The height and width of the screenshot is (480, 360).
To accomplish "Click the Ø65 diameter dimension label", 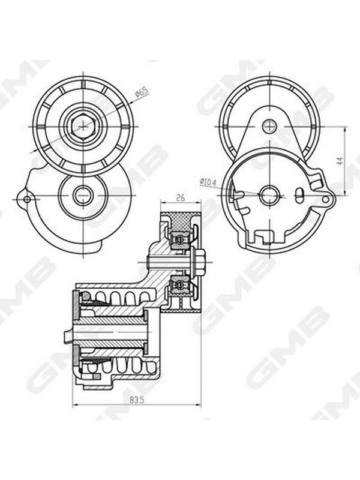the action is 142,92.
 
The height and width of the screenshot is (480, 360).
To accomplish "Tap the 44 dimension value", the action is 340,161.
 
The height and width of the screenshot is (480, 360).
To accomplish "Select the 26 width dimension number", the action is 181,198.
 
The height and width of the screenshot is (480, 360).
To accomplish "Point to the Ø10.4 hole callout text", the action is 208,182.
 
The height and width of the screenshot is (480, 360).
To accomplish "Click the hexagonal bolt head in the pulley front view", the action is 83,126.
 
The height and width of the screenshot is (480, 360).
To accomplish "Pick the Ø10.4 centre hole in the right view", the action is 269,194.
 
